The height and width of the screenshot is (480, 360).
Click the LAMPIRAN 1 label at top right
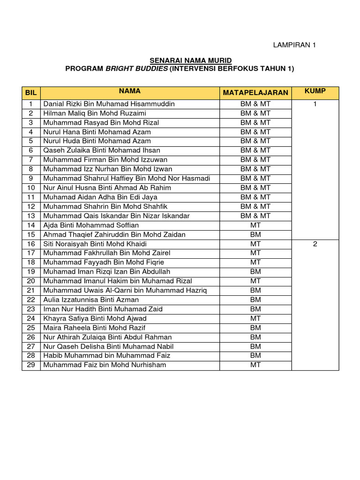point(295,45)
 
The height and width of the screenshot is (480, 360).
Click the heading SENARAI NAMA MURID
point(190,60)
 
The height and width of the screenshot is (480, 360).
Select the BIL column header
point(31,93)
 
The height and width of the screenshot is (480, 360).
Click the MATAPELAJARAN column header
point(255,93)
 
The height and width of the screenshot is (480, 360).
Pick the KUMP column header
point(315,90)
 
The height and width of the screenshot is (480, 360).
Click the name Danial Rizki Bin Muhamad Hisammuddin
point(109,104)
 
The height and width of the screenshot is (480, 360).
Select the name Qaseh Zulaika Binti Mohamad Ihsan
point(102,150)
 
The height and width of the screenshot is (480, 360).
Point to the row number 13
point(31,216)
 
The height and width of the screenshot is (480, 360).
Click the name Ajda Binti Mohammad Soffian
point(91,225)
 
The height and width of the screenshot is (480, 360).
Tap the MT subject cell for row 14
point(255,225)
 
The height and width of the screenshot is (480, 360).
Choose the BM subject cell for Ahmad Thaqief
point(255,234)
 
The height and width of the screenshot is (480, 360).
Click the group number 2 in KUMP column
point(315,244)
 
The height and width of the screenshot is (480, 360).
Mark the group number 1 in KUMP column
point(315,104)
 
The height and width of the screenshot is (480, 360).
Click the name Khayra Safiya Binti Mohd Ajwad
point(95,318)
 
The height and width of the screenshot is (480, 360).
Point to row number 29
point(31,365)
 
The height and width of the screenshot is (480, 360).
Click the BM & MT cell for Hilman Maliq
point(255,113)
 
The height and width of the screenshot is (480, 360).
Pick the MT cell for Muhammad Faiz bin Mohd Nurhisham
point(255,365)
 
